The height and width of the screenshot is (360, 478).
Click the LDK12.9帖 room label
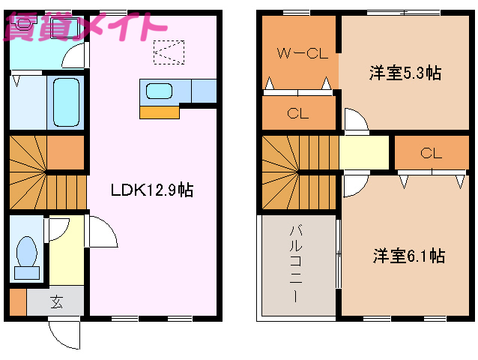tap(152, 190)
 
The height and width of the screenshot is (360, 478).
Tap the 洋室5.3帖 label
tap(405, 73)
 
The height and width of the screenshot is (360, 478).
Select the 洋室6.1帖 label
tap(409, 256)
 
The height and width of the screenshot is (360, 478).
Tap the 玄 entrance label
tap(57, 303)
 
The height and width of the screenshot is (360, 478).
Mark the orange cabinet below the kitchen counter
tap(160, 112)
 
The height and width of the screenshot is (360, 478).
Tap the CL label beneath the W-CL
tap(299, 114)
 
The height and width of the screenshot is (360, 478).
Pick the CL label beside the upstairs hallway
tap(430, 154)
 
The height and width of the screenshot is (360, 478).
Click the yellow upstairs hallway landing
tap(364, 152)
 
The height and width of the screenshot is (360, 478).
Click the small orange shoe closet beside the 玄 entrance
tap(18, 302)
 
